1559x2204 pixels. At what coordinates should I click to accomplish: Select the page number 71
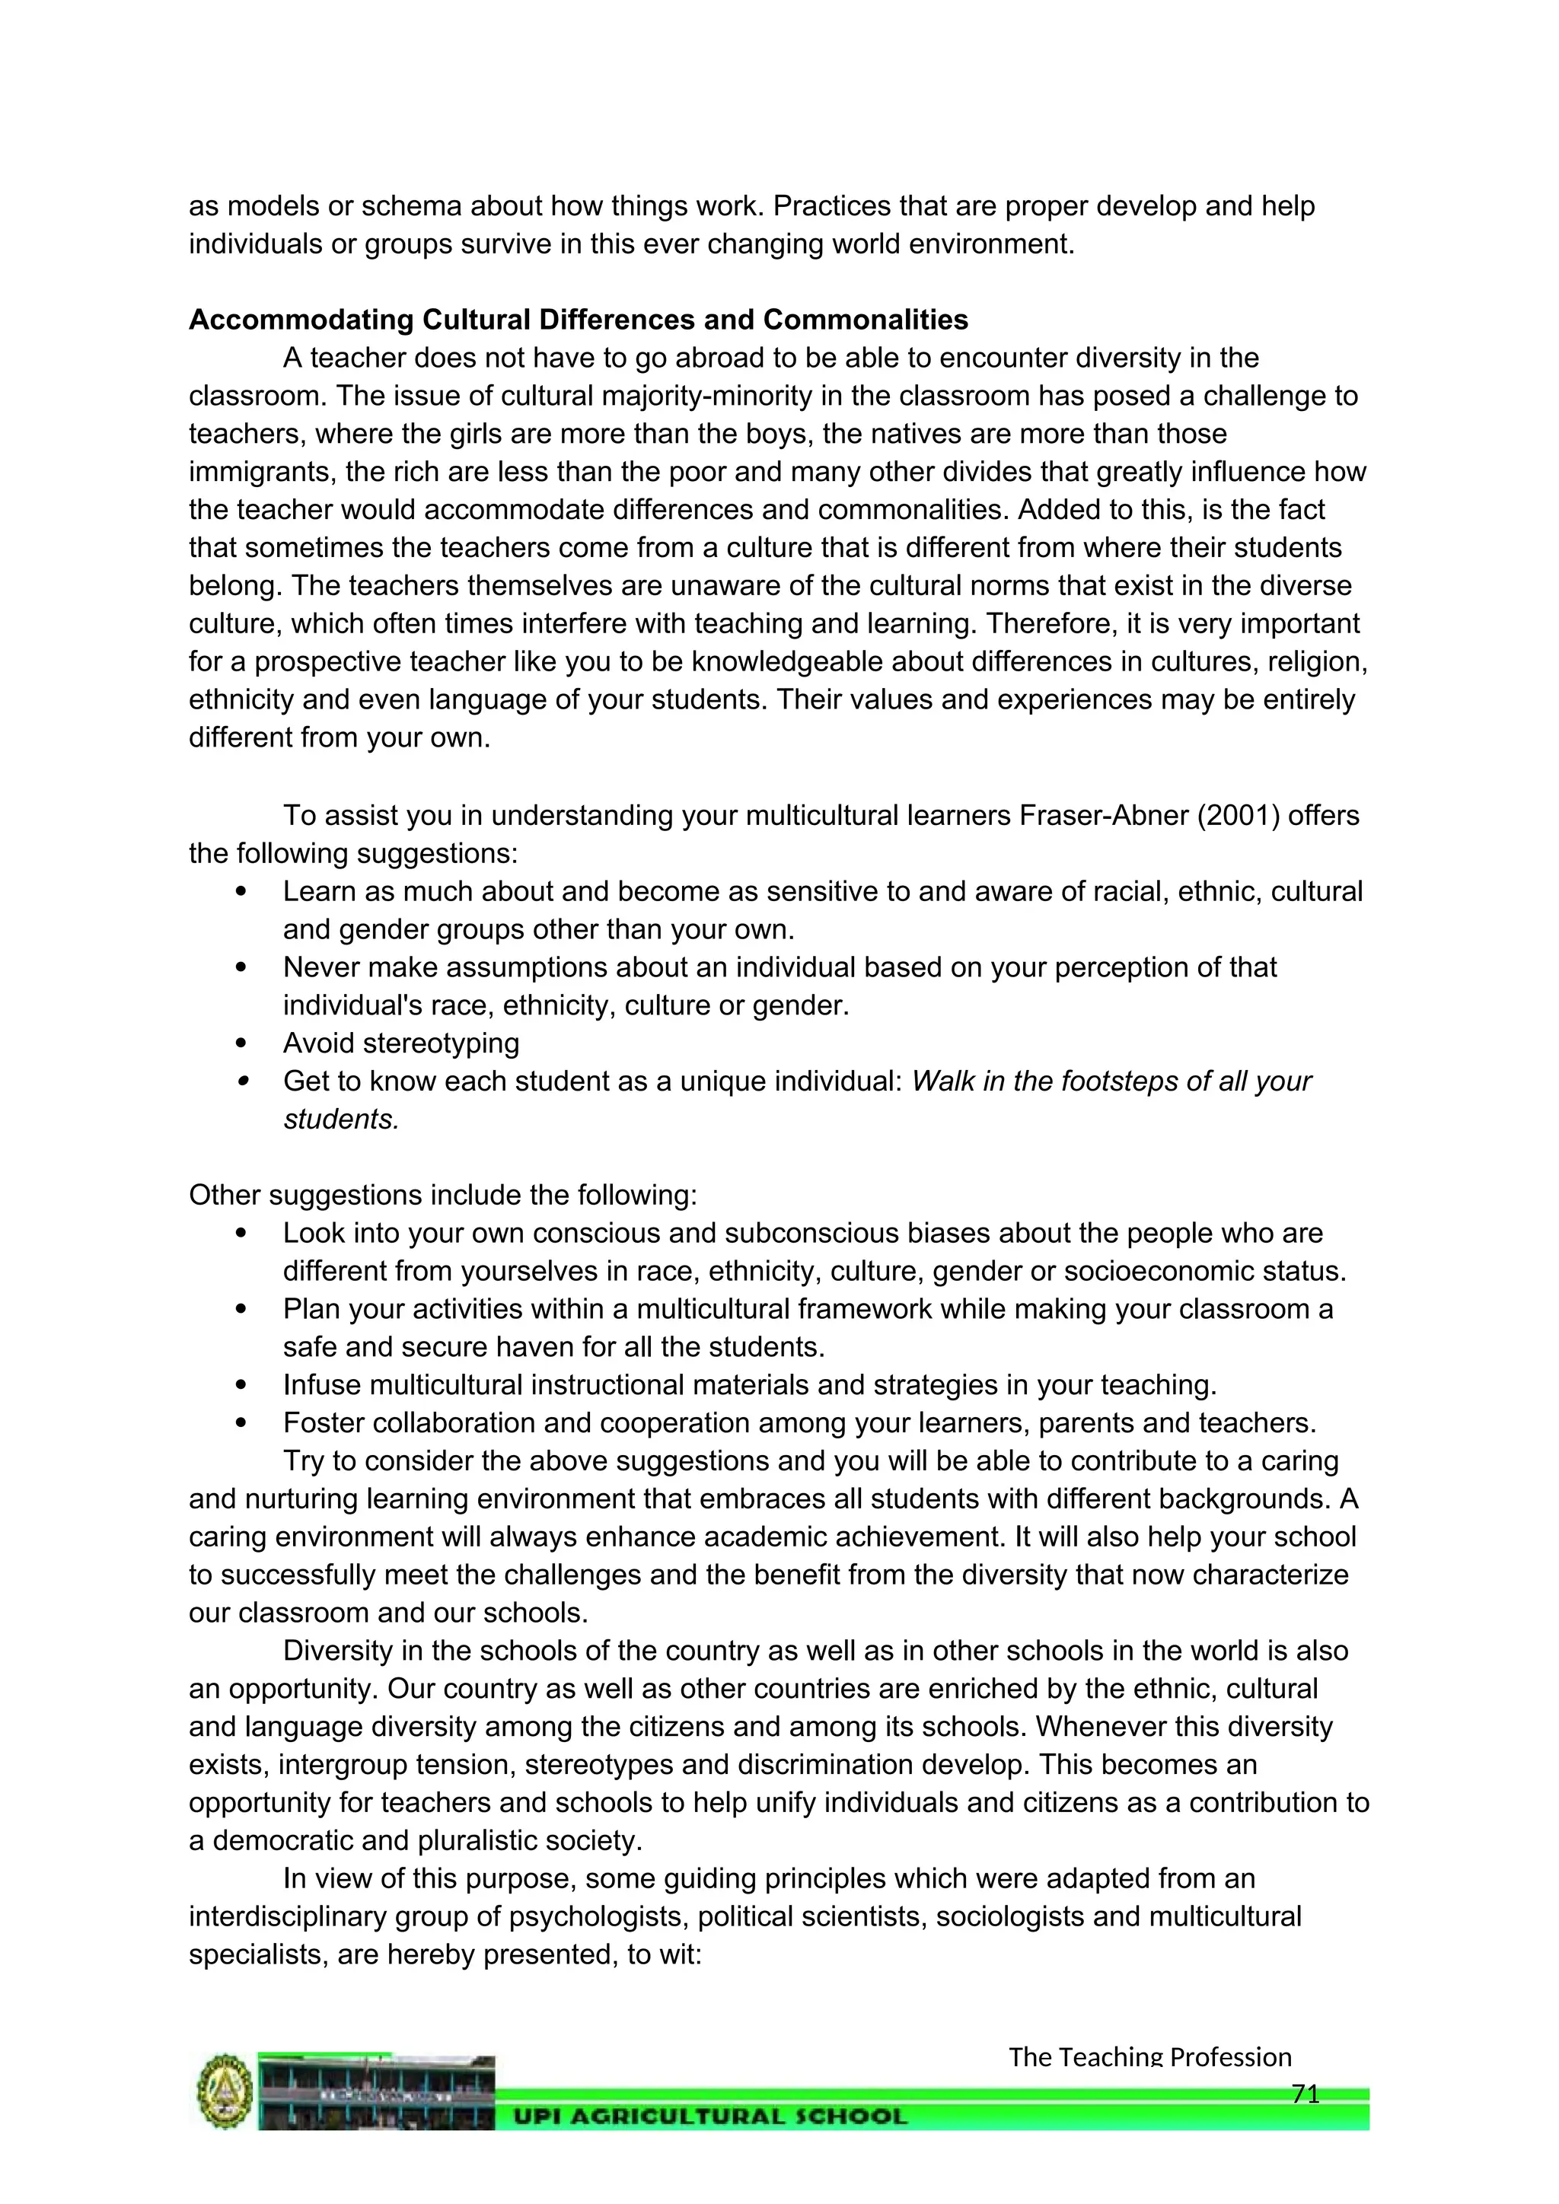[x=1305, y=2094]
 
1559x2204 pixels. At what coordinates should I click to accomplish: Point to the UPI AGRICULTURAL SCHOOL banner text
[x=710, y=2116]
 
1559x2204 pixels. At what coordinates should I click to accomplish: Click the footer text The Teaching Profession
[x=1149, y=2057]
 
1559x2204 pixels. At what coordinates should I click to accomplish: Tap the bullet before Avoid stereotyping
[x=241, y=1043]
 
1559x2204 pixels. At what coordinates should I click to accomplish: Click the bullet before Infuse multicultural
[x=241, y=1385]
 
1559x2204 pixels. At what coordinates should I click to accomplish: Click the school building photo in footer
[x=376, y=2091]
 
